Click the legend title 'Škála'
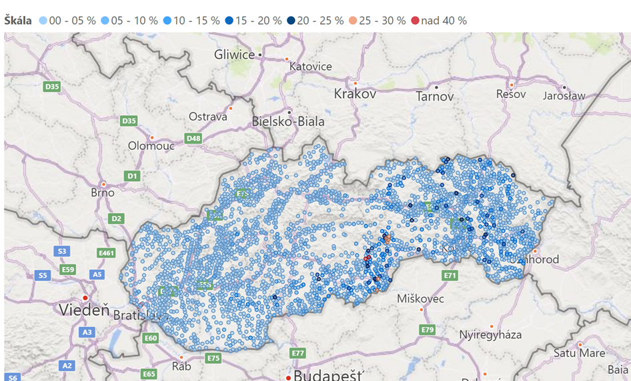[18, 21]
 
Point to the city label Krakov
[355, 94]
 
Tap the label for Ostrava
[207, 117]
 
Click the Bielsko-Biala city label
[288, 121]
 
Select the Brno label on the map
[102, 192]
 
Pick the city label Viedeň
[83, 310]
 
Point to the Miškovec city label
[420, 298]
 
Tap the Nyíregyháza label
[490, 334]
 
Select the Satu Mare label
[580, 353]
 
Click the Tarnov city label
[435, 97]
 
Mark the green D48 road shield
[193, 139]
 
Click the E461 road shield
[107, 253]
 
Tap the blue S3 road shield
[62, 251]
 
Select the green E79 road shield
[428, 330]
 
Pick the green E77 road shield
[297, 352]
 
